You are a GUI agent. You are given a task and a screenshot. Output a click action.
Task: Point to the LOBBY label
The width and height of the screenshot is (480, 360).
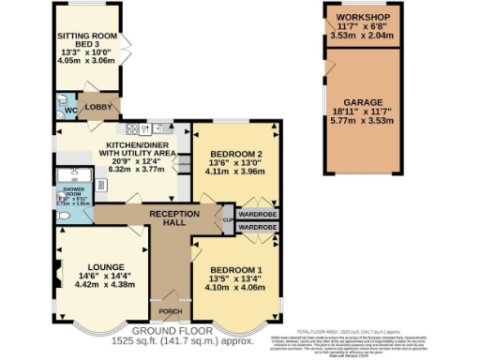(x=98, y=108)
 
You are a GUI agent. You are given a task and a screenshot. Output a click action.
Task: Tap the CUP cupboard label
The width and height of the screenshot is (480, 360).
(x=227, y=220)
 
